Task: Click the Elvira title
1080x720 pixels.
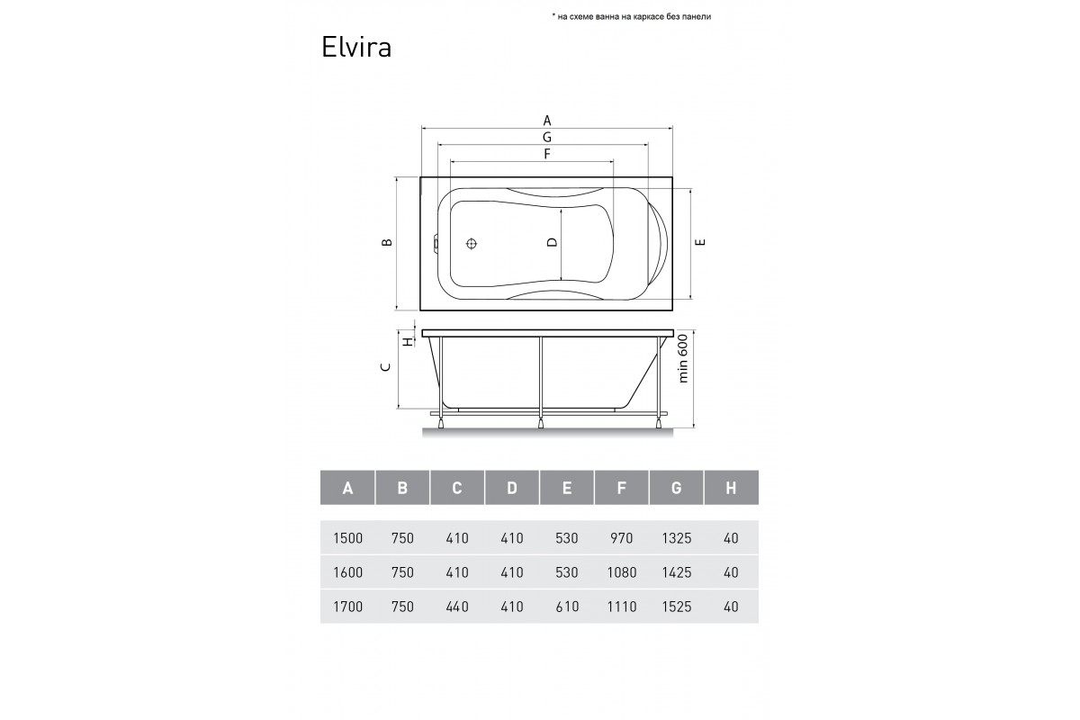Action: [355, 48]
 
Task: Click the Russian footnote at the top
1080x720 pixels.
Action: [631, 17]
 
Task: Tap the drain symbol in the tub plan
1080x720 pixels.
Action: [472, 244]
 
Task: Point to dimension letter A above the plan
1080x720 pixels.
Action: [547, 120]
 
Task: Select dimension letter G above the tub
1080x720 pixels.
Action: [547, 137]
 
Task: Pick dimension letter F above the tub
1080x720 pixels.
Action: [547, 154]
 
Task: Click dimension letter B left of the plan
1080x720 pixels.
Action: [387, 243]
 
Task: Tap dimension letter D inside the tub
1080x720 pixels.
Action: [552, 242]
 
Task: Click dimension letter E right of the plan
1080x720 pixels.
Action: [700, 242]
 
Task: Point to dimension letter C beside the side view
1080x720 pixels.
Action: [386, 367]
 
